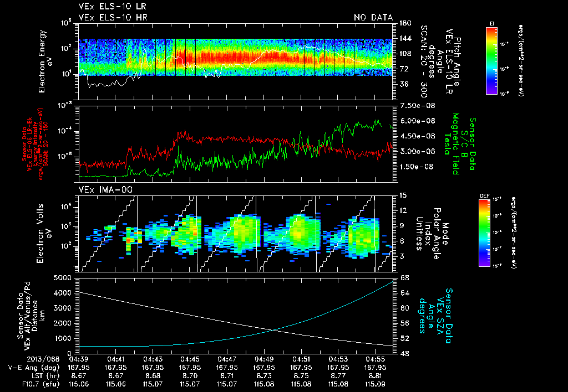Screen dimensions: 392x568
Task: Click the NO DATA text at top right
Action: tap(373, 17)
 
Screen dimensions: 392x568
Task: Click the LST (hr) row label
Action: tap(44, 375)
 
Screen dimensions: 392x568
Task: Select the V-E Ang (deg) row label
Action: tap(34, 367)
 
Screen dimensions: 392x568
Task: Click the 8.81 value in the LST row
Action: tap(376, 375)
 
